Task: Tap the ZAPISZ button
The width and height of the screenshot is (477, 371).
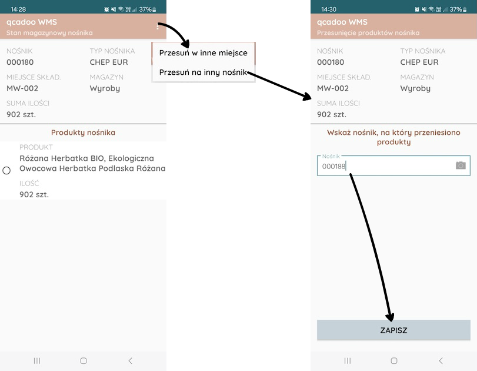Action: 393,330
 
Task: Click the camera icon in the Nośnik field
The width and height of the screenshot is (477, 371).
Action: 461,165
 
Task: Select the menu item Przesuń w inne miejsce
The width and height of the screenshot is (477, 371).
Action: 204,52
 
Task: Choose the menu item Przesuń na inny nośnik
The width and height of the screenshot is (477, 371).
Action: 203,72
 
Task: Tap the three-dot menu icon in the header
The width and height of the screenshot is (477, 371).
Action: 158,26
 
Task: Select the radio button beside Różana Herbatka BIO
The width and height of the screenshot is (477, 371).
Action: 6,170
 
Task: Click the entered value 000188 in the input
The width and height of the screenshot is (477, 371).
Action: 333,166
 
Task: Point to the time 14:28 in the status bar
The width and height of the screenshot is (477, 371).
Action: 18,9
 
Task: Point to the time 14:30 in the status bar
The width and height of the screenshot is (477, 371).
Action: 329,9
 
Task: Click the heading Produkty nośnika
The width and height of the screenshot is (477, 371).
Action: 83,132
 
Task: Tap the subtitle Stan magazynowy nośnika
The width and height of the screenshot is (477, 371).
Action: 49,32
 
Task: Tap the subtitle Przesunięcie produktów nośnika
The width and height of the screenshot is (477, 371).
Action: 368,32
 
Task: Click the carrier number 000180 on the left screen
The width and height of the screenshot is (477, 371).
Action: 20,62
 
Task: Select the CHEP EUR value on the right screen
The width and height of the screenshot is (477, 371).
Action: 419,62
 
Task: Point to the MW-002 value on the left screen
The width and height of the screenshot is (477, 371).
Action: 22,88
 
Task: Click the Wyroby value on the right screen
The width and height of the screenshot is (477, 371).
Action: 415,89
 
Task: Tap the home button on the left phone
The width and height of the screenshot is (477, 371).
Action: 84,360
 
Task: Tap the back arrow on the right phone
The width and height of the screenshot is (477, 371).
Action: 441,360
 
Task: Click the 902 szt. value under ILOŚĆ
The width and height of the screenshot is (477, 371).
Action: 34,194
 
